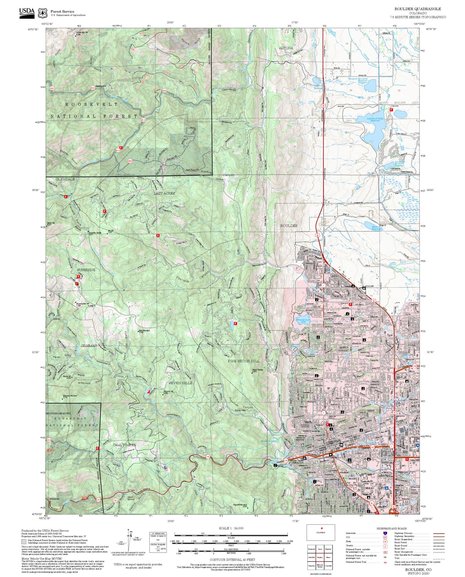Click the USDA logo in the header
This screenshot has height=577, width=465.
[27, 13]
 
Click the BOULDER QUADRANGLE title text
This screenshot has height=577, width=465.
[418, 9]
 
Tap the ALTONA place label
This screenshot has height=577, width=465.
[286, 48]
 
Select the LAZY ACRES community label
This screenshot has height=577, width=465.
[164, 193]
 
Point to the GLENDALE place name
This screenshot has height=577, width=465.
[65, 179]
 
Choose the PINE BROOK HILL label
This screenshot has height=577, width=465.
[244, 361]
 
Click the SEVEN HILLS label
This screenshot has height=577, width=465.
[180, 383]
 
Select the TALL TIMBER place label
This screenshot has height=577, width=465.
[124, 445]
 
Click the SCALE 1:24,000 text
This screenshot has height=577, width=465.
[231, 528]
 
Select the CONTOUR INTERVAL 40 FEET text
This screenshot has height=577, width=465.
[232, 560]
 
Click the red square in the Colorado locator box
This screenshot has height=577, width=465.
[322, 528]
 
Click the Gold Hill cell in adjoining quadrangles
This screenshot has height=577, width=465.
[312, 557]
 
